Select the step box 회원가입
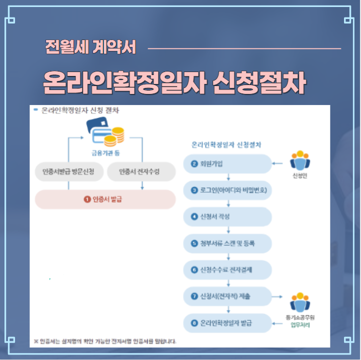[x=227, y=163]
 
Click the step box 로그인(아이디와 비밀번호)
[x=227, y=190]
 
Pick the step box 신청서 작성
[x=227, y=217]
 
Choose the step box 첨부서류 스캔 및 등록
[x=227, y=243]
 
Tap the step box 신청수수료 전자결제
[x=227, y=270]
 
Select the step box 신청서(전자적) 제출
[x=227, y=296]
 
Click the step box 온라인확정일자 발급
[x=227, y=323]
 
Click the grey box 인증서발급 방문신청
[x=68, y=172]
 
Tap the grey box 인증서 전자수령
[x=141, y=172]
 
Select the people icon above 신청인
[x=300, y=161]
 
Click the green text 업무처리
[x=300, y=325]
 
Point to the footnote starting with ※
[x=105, y=341]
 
